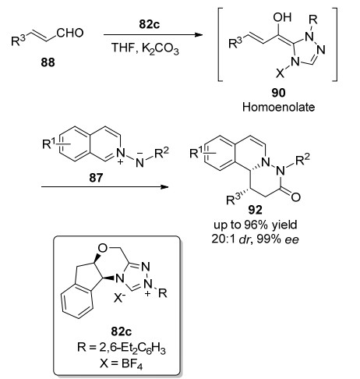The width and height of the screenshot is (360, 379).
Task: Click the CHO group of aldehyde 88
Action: pos(70,33)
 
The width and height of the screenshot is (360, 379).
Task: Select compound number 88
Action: pos(48,62)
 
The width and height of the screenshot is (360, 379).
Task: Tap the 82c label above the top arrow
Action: pos(150,24)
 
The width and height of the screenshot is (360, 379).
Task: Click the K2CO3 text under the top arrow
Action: pos(161,48)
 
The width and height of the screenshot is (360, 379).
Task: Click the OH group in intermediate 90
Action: pos(282,17)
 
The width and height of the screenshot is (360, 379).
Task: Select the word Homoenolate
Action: pos(278,107)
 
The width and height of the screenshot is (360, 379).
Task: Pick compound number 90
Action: pos(278,93)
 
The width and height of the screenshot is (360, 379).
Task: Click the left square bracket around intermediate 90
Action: pos(221,44)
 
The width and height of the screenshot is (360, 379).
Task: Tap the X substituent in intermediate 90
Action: pos(280,74)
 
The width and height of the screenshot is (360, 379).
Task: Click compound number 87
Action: pos(96,179)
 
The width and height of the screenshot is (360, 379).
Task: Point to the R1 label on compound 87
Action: pos(50,144)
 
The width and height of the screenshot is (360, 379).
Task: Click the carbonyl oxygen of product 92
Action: pos(295,197)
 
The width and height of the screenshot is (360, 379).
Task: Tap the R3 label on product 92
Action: pos(233,200)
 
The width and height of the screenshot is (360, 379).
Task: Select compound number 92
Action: pos(256,210)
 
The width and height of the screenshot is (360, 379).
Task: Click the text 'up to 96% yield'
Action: pos(256,225)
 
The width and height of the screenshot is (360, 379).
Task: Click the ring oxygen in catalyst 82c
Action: pos(103,249)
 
